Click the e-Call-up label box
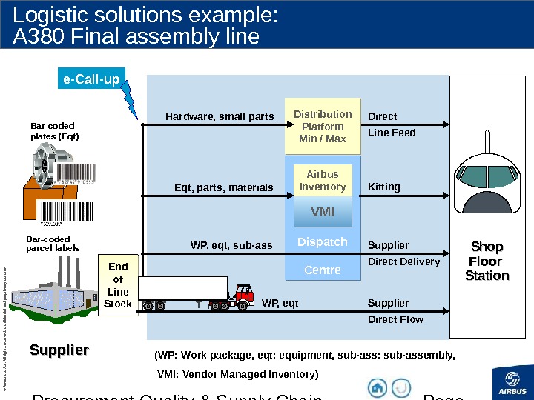click(91, 79)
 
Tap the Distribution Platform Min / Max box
click(323, 127)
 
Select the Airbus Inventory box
click(323, 181)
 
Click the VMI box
click(323, 213)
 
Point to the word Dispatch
click(323, 242)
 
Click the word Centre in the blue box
click(323, 270)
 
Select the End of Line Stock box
click(118, 284)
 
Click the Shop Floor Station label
click(487, 261)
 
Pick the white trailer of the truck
click(182, 287)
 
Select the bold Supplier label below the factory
click(59, 350)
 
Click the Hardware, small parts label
click(220, 116)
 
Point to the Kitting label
click(383, 187)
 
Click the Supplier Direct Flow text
click(395, 311)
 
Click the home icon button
click(378, 387)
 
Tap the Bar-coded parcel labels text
click(53, 244)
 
